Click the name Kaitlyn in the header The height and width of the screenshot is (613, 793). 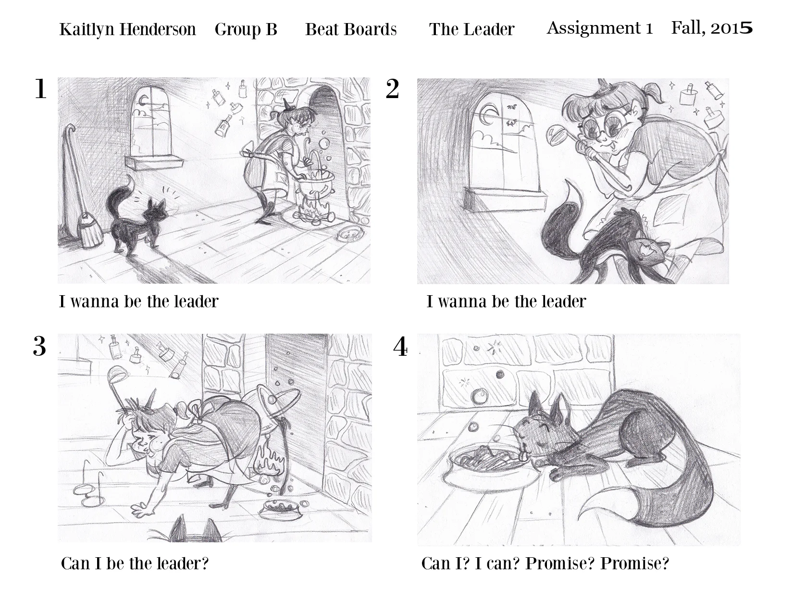87,30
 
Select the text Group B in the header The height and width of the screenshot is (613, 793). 246,30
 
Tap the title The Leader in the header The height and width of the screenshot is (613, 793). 471,29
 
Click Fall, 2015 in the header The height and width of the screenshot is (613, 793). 712,28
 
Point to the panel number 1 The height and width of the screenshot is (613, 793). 40,89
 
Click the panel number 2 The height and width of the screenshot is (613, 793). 392,89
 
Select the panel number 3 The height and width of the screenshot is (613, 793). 39,346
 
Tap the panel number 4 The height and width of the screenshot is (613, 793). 400,346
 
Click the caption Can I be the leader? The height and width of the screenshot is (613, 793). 135,563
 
